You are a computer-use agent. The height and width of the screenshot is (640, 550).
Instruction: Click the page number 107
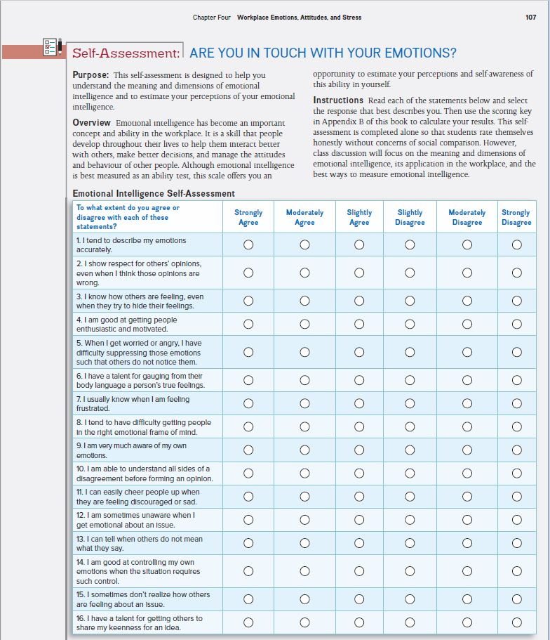[530, 18]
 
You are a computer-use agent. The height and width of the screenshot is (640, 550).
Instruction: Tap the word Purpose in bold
[90, 74]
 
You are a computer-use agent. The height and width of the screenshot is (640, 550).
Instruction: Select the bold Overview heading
[92, 123]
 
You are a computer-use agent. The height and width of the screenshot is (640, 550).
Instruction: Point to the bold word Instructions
[338, 100]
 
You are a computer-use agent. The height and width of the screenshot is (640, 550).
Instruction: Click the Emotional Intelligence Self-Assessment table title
[154, 194]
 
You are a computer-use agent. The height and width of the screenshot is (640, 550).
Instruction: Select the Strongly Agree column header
[248, 217]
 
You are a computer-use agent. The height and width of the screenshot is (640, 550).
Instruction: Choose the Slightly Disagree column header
[410, 217]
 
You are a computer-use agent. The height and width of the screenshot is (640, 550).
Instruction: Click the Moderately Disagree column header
[467, 217]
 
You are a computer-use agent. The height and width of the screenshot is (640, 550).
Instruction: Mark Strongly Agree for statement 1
[248, 245]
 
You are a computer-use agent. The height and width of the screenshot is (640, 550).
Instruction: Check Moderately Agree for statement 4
[304, 324]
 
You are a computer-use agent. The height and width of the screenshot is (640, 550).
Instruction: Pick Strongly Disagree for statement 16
[516, 622]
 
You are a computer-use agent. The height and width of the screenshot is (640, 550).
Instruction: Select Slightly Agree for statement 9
[359, 450]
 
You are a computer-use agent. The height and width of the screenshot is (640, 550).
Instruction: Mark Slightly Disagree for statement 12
[410, 520]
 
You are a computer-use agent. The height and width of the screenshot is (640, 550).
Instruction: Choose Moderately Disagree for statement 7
[467, 404]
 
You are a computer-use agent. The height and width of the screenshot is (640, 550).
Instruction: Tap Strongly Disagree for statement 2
[516, 273]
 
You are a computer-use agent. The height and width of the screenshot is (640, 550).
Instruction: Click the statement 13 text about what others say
[140, 543]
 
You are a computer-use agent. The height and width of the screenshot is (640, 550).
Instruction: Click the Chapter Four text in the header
[212, 18]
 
